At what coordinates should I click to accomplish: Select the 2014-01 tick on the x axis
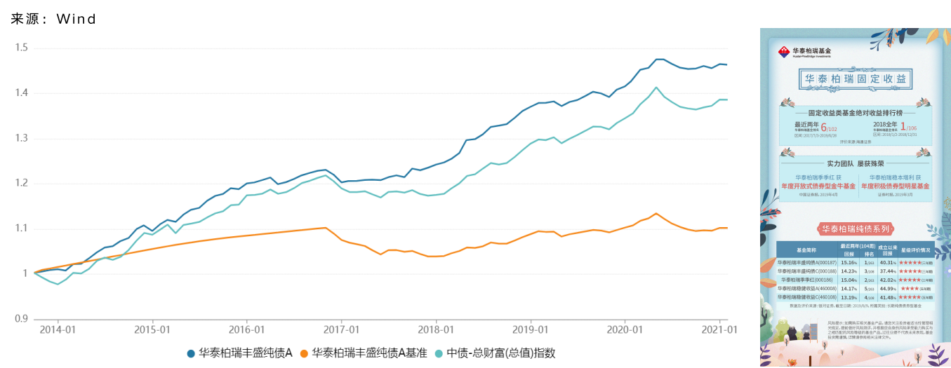pos(58,329)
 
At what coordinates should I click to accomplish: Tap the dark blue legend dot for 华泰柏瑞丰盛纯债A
pos(191,353)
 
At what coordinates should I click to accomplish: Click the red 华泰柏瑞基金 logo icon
pos(784,52)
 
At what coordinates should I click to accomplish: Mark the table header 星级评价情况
pos(916,248)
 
